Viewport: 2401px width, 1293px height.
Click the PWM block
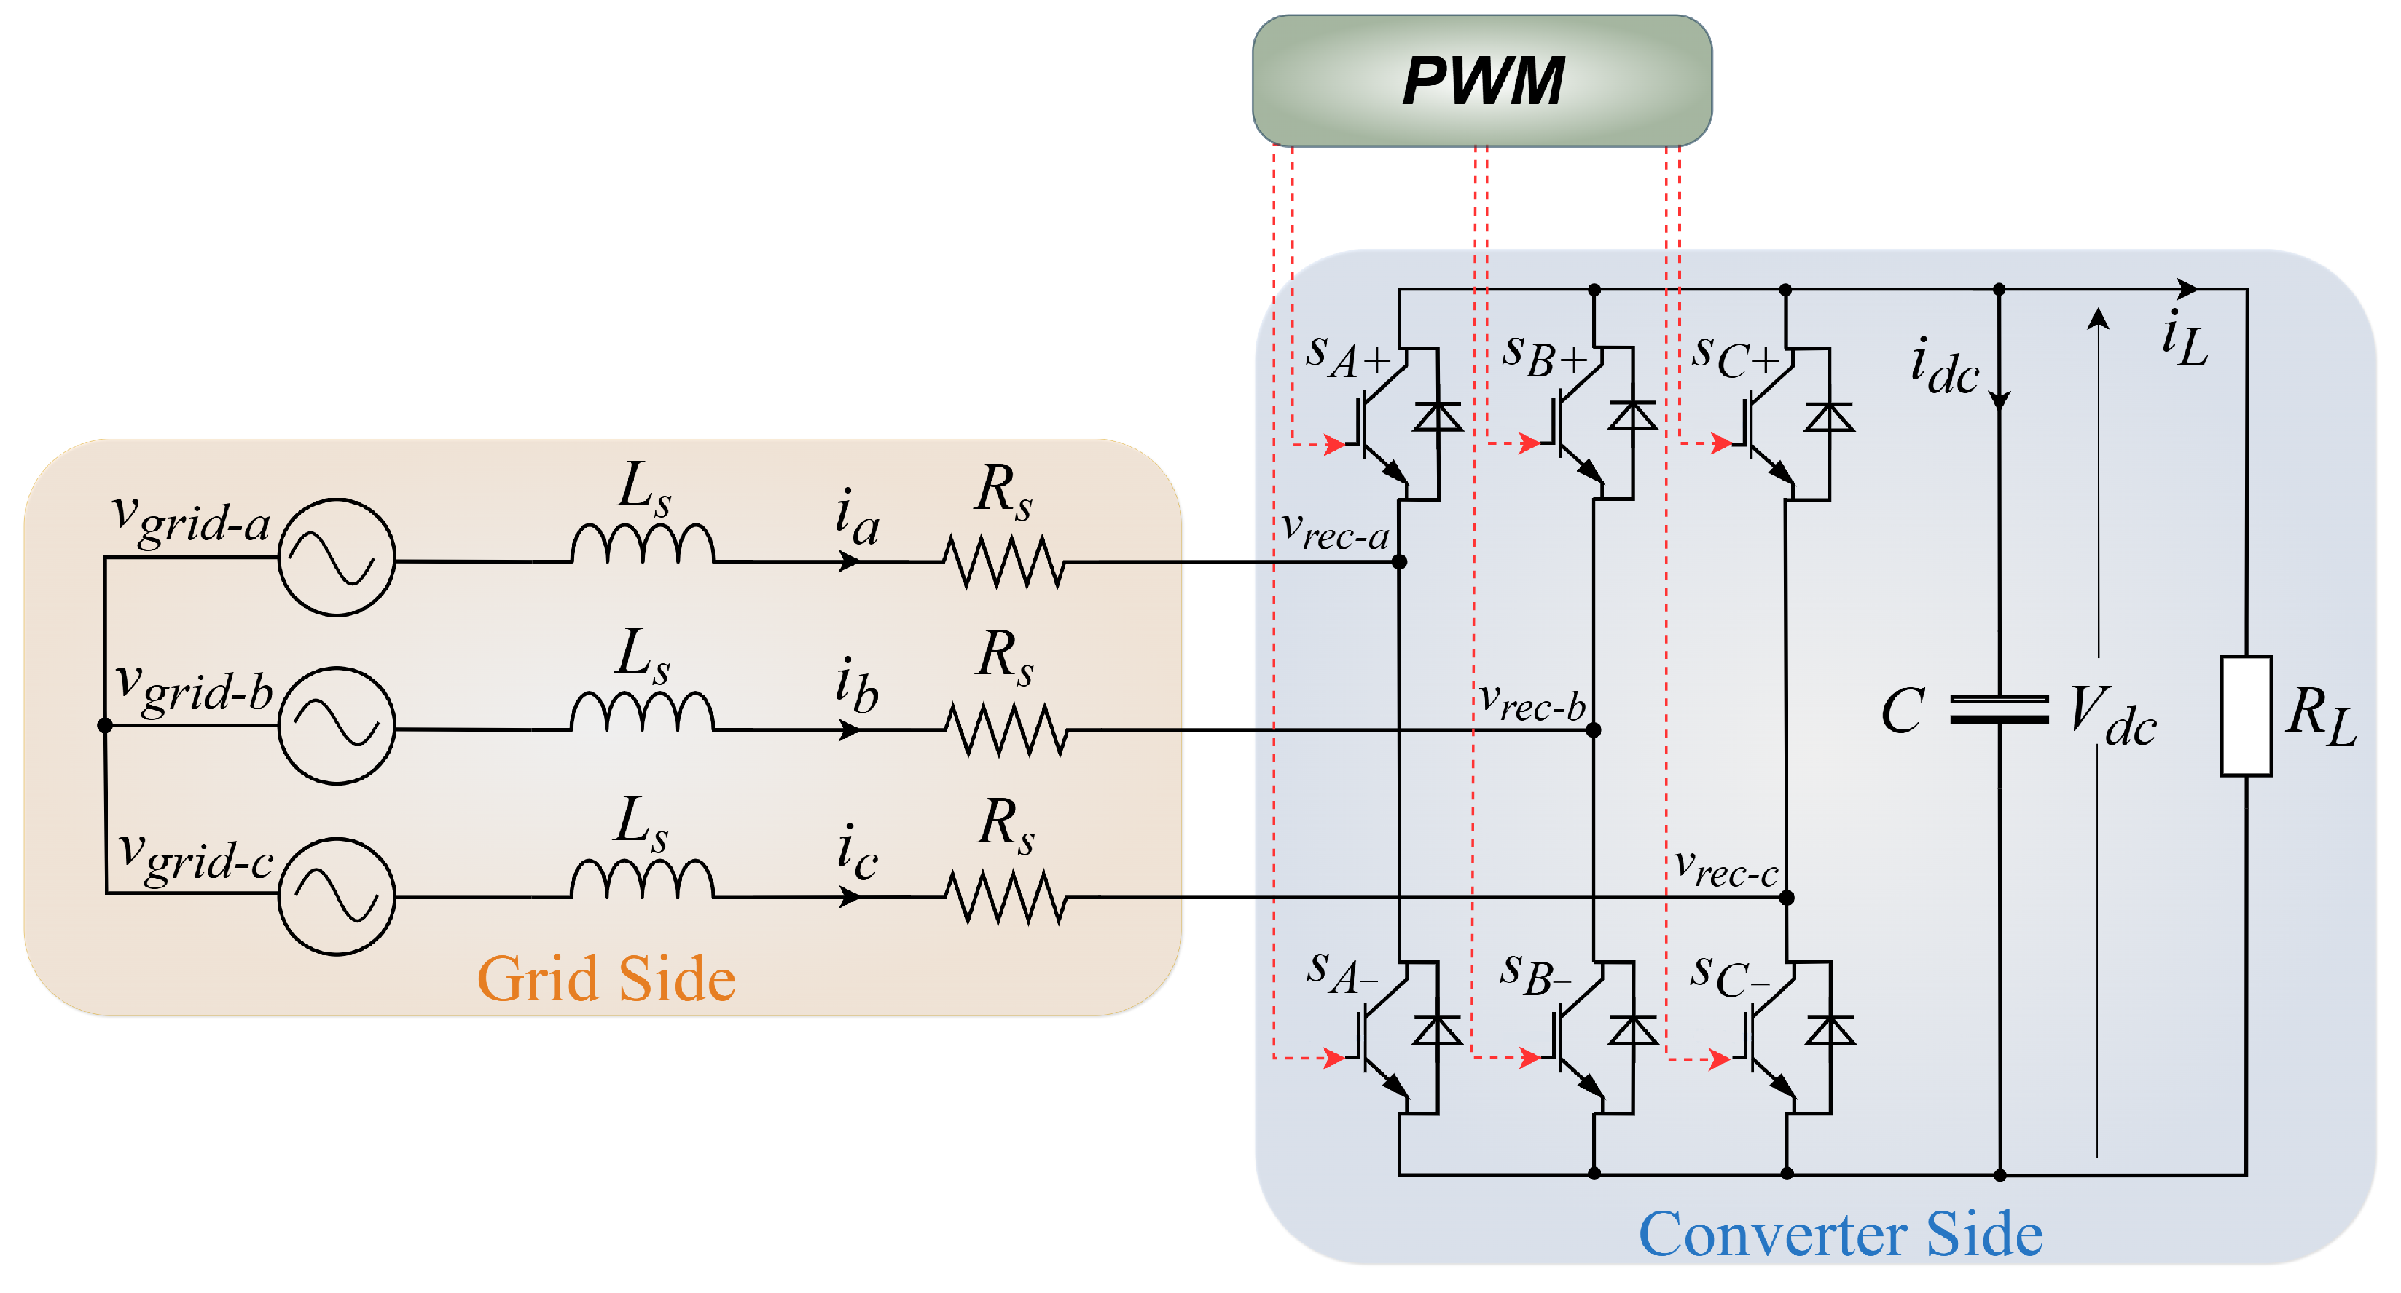tap(1481, 80)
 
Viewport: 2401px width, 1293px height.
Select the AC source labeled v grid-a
tap(337, 557)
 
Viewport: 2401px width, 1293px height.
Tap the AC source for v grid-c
tap(337, 896)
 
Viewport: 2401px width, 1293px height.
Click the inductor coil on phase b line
tap(642, 713)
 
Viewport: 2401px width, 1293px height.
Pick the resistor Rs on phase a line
tap(1004, 562)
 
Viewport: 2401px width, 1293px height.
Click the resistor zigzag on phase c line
tap(1004, 897)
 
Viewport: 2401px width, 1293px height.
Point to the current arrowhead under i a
tap(849, 562)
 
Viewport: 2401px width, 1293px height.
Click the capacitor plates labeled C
tap(1999, 710)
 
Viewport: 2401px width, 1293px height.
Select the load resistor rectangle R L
tap(2245, 716)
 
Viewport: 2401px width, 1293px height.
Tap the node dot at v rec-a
tap(1399, 562)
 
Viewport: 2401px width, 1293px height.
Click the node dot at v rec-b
tap(1594, 730)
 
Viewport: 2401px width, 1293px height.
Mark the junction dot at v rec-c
tap(1787, 898)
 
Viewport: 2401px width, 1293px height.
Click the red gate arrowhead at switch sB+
tap(1529, 443)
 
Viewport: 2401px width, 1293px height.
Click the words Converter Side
tap(1841, 1234)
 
